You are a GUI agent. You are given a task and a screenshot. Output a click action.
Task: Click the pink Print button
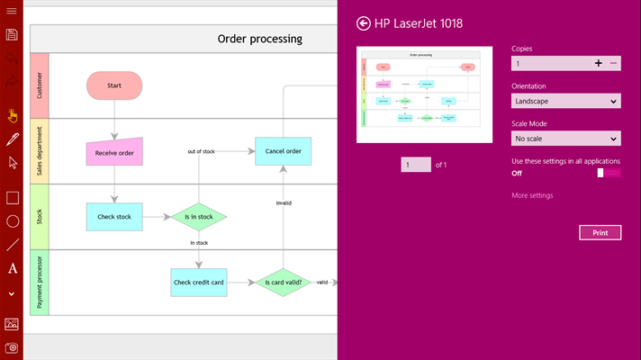click(600, 232)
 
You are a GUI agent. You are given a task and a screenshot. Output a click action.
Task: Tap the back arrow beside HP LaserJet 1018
click(364, 23)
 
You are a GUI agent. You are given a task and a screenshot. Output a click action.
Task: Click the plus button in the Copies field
click(598, 64)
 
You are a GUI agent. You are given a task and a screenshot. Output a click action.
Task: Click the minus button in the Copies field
click(614, 64)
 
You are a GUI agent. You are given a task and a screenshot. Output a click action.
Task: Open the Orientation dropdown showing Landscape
click(565, 101)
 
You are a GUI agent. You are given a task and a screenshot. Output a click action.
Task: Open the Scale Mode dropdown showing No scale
click(565, 139)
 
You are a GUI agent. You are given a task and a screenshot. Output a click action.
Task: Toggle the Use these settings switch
click(609, 173)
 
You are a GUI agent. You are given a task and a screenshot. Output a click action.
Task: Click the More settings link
click(532, 195)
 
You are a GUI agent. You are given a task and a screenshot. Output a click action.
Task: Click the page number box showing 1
click(416, 165)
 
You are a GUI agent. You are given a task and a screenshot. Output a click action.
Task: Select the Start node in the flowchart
click(114, 85)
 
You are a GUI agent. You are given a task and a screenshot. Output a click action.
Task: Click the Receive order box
click(114, 152)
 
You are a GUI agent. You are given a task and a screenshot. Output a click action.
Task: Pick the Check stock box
click(114, 216)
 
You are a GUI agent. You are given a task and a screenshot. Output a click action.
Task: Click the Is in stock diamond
click(199, 216)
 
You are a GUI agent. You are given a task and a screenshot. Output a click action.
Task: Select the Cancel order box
click(284, 151)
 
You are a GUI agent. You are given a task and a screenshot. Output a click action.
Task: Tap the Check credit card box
click(199, 283)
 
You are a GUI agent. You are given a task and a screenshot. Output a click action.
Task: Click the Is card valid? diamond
click(283, 283)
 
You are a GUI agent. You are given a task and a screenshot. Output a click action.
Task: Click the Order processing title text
click(259, 39)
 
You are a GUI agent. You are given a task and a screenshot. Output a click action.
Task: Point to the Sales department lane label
click(39, 151)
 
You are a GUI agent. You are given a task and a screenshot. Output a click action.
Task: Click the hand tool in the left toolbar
click(12, 115)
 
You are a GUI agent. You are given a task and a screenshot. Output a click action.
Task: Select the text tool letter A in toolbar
click(13, 268)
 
